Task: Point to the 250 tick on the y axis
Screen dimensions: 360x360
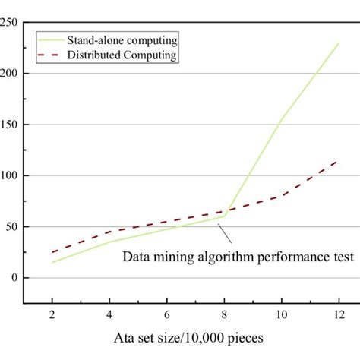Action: click(x=9, y=23)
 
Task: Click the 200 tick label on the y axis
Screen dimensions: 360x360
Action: click(x=9, y=74)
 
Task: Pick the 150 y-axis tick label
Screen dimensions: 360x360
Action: click(x=9, y=125)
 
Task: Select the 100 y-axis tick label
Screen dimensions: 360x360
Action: click(x=9, y=175)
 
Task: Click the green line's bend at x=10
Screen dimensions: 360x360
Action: click(x=281, y=121)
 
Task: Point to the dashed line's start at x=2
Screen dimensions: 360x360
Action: click(x=52, y=252)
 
